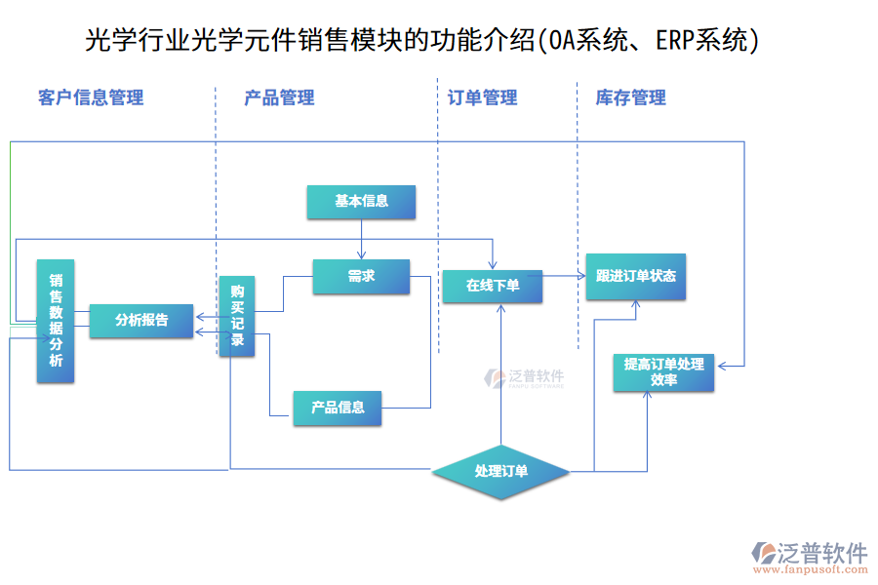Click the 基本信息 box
(361, 202)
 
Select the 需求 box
(361, 277)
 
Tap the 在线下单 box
(493, 286)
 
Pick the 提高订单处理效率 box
(663, 372)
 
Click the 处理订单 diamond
(501, 472)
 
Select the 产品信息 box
(338, 408)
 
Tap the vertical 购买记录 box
(237, 316)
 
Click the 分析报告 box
(141, 320)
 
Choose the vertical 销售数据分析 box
(56, 321)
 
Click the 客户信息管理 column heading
(91, 97)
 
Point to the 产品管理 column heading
(279, 97)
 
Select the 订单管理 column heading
(482, 97)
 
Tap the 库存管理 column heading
(630, 97)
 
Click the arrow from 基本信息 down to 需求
(361, 239)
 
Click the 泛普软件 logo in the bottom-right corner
(810, 553)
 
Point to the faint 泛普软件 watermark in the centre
(525, 378)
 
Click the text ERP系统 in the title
(700, 40)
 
